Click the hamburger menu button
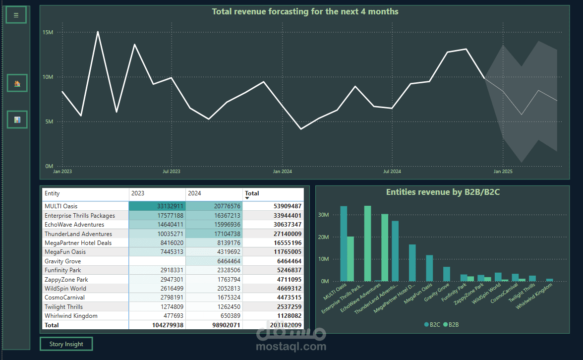click(16, 15)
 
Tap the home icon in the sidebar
click(17, 83)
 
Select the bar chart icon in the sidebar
click(17, 120)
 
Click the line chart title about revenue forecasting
click(305, 11)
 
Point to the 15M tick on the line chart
click(48, 32)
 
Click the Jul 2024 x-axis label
click(392, 172)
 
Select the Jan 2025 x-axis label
click(503, 172)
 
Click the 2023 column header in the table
click(138, 193)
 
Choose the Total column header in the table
click(252, 193)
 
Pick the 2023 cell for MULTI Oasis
click(157, 206)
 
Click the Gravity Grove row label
click(62, 261)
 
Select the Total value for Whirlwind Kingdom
click(289, 316)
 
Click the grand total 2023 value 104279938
click(168, 325)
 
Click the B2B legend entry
click(451, 325)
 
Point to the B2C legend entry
click(432, 325)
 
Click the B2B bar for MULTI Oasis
click(350, 259)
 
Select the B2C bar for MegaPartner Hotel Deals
click(412, 263)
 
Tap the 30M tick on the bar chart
click(323, 215)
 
